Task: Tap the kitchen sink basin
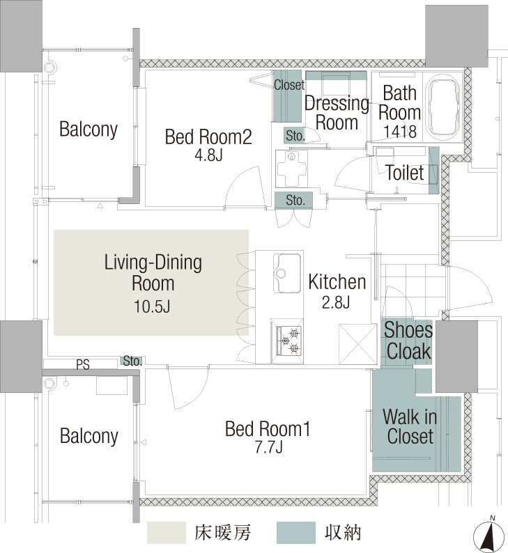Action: tap(287, 273)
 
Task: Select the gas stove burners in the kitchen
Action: tap(289, 341)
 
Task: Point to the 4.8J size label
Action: tap(209, 155)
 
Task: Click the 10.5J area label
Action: tap(152, 306)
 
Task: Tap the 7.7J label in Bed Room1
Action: tap(269, 447)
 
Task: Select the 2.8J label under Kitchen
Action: tap(336, 302)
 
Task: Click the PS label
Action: tap(83, 364)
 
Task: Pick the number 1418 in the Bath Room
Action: tap(400, 131)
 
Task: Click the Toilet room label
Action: tap(405, 173)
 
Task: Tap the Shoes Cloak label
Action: tap(408, 341)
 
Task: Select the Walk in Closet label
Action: tap(410, 426)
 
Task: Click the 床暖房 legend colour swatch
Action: tap(167, 533)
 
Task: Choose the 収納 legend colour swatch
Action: tap(296, 533)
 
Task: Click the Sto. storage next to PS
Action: tap(132, 361)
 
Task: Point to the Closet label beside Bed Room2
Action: tap(289, 85)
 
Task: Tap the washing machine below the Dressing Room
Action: tap(291, 169)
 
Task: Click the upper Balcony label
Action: tap(88, 130)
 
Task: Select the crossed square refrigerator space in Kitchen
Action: tap(357, 344)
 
